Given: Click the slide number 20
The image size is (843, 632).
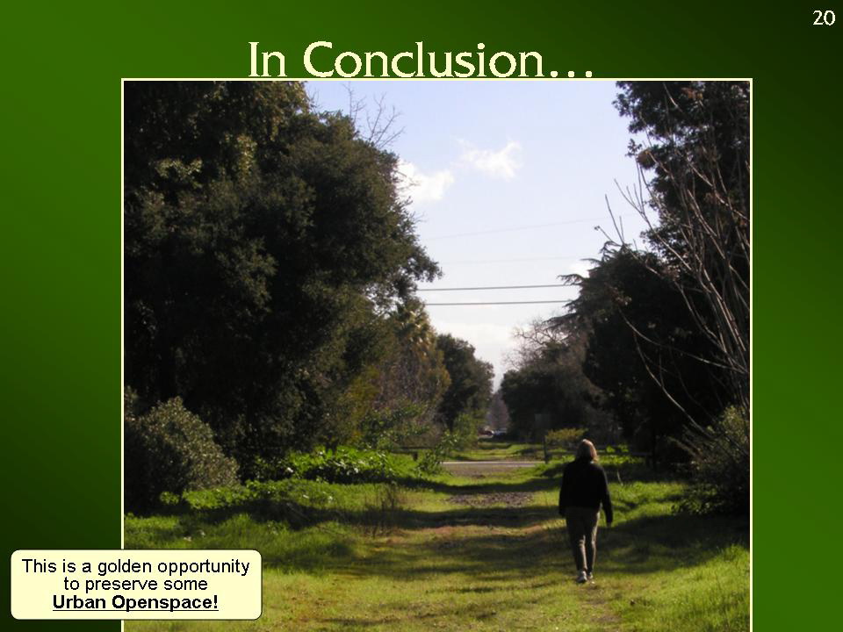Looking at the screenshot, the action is tap(824, 18).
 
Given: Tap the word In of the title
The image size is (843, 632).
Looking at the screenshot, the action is tap(267, 60).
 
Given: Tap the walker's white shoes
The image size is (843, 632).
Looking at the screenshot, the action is tap(585, 577).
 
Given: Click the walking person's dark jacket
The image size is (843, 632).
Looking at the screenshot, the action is tap(585, 488).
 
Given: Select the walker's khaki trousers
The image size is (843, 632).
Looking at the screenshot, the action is tap(582, 540).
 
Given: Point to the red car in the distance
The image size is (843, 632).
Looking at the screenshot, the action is tap(486, 431).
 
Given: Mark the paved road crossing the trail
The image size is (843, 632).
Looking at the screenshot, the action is tap(489, 463).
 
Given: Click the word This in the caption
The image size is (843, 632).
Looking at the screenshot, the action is tap(40, 566).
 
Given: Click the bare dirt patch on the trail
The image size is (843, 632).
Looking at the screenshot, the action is tap(489, 499).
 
